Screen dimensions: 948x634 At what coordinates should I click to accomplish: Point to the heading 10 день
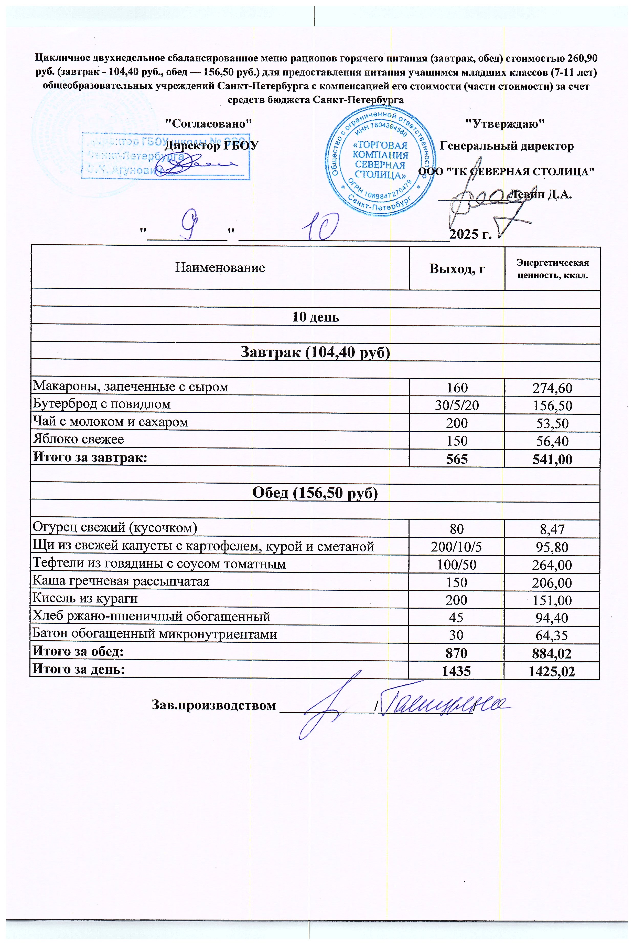pos(315,317)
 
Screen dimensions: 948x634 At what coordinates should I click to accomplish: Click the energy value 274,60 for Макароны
pos(552,388)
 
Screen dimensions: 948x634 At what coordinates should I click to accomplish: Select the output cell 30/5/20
pos(457,405)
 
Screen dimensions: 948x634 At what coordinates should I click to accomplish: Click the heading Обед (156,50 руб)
pos(315,493)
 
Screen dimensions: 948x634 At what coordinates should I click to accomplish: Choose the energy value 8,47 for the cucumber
pos(552,529)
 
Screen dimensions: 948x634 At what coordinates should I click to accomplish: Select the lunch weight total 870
pos(457,653)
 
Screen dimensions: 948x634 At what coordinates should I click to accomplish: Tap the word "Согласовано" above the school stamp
pos(209,123)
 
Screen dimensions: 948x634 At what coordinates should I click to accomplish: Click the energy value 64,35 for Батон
pos(552,635)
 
